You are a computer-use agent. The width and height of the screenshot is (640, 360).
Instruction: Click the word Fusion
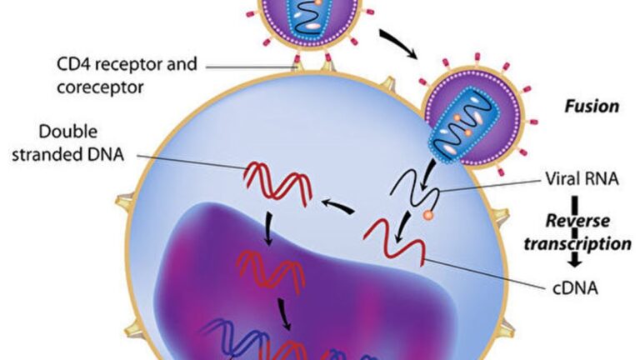point(592,107)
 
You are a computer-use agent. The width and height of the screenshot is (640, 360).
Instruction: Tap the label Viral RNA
point(582,179)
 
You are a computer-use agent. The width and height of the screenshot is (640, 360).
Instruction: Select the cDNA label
point(575,288)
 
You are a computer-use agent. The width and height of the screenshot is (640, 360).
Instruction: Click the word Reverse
point(577,221)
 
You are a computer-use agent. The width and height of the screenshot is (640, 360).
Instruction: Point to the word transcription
point(577,244)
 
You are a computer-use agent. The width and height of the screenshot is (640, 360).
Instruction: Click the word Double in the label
point(68,132)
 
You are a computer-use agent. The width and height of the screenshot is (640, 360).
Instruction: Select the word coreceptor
point(100,87)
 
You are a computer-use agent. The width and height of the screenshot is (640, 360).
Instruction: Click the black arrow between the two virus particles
point(398,42)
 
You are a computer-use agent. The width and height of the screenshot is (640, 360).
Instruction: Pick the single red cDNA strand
point(394,242)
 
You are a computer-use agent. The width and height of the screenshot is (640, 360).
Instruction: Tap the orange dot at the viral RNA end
point(427,215)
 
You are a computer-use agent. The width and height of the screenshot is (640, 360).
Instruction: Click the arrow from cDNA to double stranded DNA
point(337,205)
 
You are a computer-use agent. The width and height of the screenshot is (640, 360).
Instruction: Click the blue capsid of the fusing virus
point(464,123)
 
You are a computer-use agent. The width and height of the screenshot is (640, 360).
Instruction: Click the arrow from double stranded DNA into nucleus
point(267,228)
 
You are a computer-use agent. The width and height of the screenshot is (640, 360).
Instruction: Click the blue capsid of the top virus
point(309,17)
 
